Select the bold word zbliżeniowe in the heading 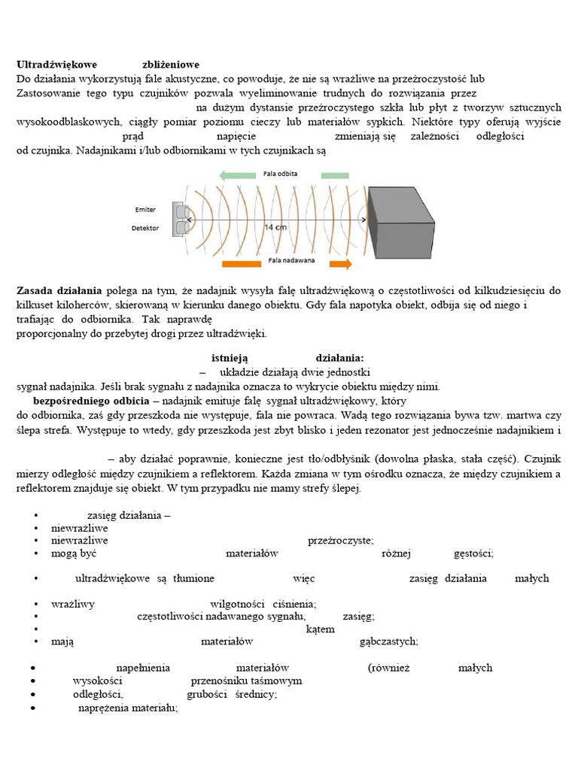[x=171, y=65]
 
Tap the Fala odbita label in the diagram [x=280, y=174]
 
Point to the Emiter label [x=145, y=210]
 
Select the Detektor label [x=145, y=228]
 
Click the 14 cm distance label [x=275, y=226]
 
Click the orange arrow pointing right [x=341, y=264]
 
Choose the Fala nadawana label [x=291, y=261]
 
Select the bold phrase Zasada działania [x=59, y=290]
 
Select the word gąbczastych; [x=389, y=641]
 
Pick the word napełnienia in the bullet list [x=143, y=668]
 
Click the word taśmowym [x=279, y=681]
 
